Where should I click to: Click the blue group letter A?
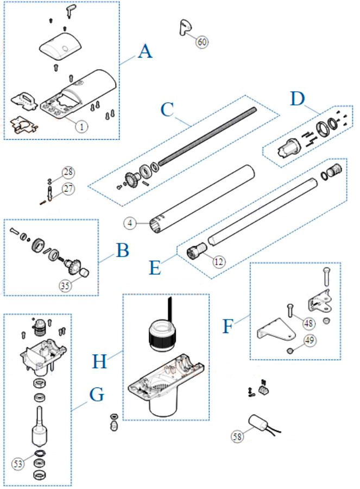(145, 52)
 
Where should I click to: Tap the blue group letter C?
(167, 110)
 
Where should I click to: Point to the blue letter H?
(99, 361)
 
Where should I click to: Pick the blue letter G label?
(97, 394)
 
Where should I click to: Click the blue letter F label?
(228, 326)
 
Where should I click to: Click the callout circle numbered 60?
(202, 41)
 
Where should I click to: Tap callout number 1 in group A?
(81, 126)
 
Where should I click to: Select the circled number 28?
(68, 172)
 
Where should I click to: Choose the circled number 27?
(68, 189)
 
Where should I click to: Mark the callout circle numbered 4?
(130, 223)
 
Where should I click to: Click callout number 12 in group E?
(219, 261)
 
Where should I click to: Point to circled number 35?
(65, 285)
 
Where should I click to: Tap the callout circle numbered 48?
(308, 323)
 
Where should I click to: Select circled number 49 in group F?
(310, 340)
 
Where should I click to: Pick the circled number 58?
(237, 436)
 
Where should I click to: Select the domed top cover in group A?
(61, 47)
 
